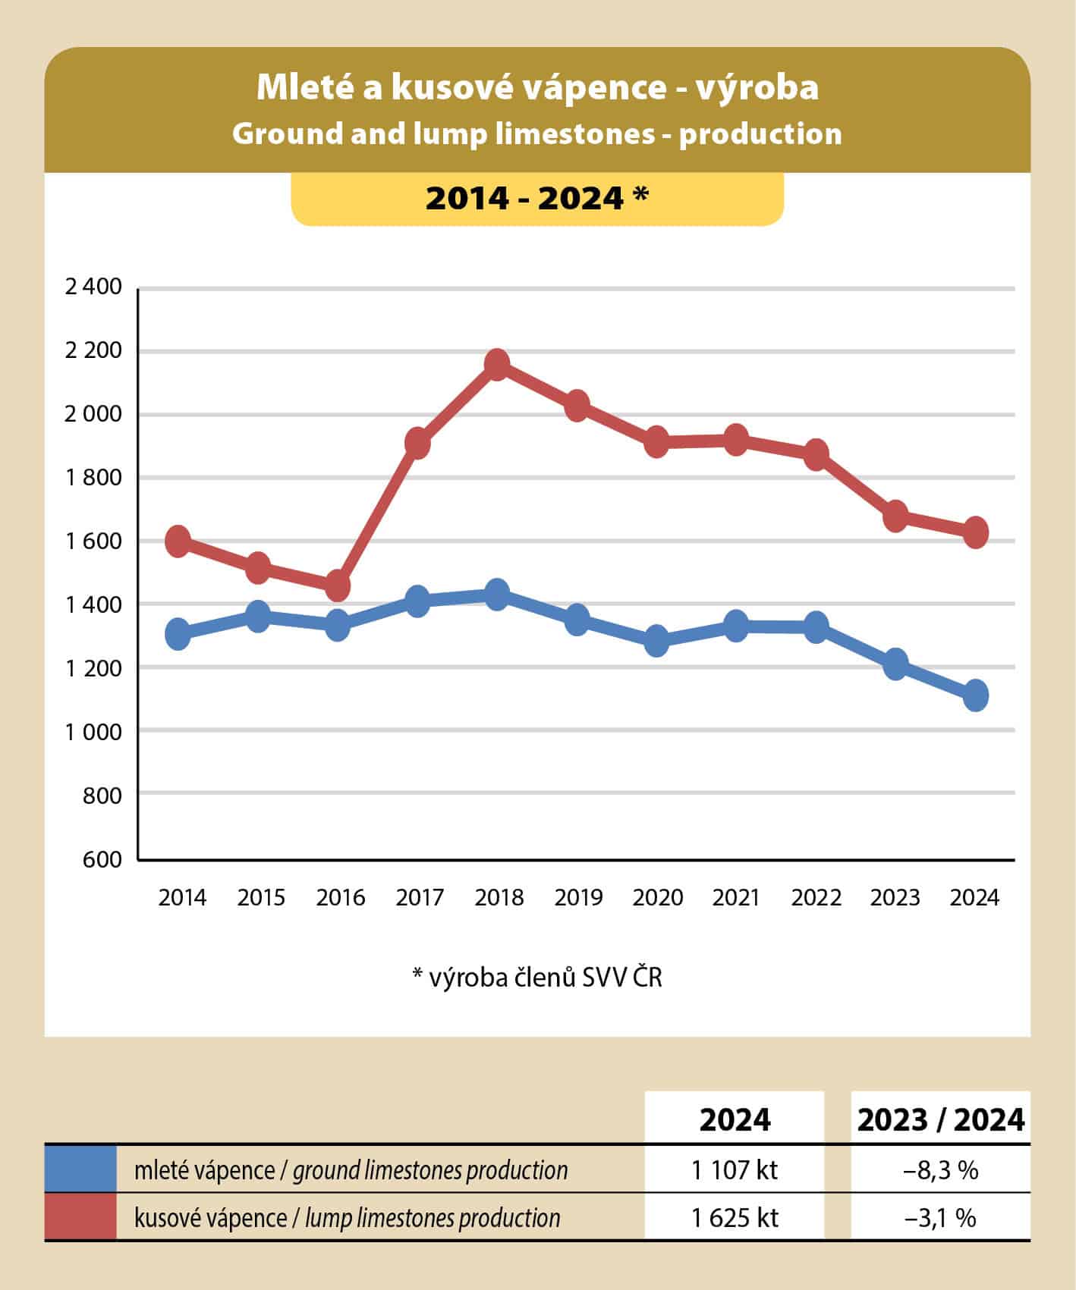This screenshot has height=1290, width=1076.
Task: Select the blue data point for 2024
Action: [x=975, y=695]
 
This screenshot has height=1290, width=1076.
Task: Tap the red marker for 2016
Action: [x=338, y=585]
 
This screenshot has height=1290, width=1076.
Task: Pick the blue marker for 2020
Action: [x=656, y=640]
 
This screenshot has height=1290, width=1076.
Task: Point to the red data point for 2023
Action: [x=895, y=516]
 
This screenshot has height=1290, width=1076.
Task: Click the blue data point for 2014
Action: [x=178, y=633]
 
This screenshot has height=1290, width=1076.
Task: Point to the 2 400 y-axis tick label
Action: [x=93, y=287]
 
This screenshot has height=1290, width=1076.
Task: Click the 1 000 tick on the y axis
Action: [x=93, y=731]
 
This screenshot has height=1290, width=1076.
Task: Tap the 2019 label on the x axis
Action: [x=578, y=898]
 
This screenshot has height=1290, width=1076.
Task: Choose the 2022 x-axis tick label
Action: [x=816, y=898]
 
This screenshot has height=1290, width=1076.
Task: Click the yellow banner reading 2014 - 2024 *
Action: [x=537, y=198]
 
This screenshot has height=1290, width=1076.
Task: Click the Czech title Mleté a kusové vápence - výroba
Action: [x=537, y=87]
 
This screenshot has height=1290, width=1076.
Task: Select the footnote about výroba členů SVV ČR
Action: [x=537, y=977]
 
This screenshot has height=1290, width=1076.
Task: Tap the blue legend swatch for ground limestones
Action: [x=80, y=1169]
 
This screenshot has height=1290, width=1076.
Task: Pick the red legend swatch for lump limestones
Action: [x=80, y=1216]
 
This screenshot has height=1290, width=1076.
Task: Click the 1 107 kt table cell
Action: [x=734, y=1169]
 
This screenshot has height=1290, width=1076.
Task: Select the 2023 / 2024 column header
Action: [x=940, y=1119]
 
